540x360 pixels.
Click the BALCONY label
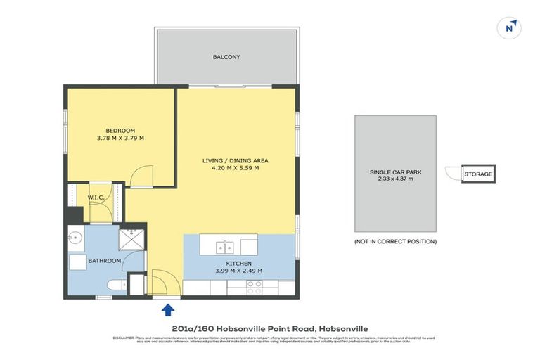coord(226,57)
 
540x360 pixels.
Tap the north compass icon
coord(510,27)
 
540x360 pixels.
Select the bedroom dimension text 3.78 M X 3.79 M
coord(120,139)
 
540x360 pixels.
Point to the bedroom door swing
coord(143,173)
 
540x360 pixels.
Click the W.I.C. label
coord(96,198)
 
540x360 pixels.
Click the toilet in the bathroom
coord(116,285)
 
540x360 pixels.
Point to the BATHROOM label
coord(105,261)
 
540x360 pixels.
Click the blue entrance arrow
coord(168,309)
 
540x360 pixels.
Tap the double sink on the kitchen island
coord(224,247)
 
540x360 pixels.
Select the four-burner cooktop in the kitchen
coord(253,287)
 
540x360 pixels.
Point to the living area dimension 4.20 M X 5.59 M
coord(236,169)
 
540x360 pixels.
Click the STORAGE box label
coord(478,174)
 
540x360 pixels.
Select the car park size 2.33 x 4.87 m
coord(395,180)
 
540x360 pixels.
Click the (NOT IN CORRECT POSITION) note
coord(395,241)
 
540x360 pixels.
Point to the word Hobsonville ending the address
coord(343,328)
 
